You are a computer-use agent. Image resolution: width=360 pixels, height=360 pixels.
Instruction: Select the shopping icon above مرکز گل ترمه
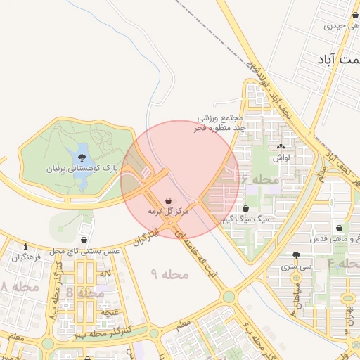[168, 200]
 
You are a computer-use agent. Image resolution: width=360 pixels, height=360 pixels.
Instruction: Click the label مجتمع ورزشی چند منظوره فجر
[219, 122]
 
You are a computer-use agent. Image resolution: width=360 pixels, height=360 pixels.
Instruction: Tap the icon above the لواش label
[282, 147]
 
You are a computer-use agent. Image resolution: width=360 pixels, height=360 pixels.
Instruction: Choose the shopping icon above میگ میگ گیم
[246, 208]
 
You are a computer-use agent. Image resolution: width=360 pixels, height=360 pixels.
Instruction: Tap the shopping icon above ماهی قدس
[340, 228]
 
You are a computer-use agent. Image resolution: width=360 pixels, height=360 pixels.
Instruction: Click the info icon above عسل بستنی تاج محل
[26, 247]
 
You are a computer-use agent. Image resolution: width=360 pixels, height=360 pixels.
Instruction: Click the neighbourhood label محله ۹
[171, 274]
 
